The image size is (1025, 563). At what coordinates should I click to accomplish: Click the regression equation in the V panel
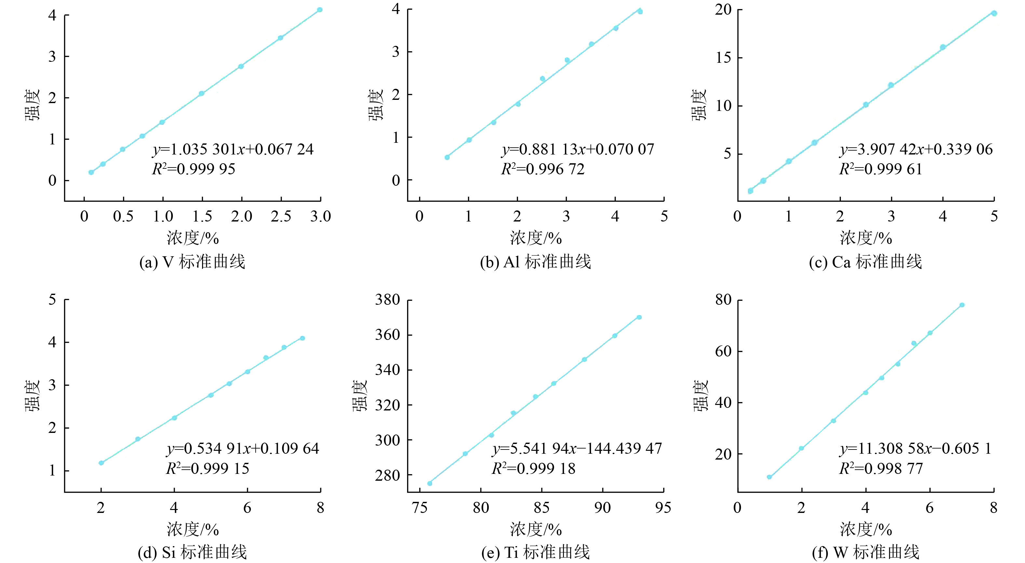[233, 150]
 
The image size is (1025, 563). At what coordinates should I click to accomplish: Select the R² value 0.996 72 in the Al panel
[543, 169]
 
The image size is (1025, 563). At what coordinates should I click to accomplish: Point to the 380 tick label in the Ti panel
[387, 300]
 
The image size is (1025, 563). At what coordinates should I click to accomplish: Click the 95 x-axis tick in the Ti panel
[663, 508]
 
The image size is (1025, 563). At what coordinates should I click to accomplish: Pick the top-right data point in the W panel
[962, 305]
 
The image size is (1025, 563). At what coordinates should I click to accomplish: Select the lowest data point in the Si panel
[101, 463]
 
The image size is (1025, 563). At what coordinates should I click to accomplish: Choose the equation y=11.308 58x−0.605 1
[915, 449]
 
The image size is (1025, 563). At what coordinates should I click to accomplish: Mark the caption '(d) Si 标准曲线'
[192, 553]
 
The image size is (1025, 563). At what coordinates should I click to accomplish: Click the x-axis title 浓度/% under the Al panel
[536, 238]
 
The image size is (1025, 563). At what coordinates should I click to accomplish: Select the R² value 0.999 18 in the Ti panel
[534, 469]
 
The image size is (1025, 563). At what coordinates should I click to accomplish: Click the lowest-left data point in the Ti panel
[430, 484]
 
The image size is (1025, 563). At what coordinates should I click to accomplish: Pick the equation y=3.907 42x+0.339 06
[916, 150]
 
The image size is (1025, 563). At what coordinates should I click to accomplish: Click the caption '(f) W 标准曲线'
[866, 553]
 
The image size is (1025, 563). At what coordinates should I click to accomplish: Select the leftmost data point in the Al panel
[447, 157]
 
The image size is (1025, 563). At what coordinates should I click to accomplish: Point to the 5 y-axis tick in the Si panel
[52, 300]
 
